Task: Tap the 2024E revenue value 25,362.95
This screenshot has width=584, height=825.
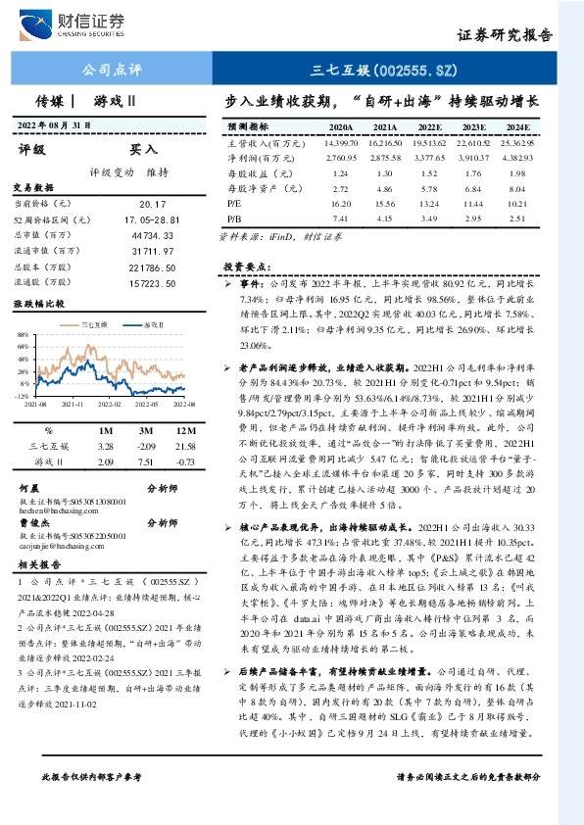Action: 516,143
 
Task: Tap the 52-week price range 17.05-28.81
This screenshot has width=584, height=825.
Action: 154,219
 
